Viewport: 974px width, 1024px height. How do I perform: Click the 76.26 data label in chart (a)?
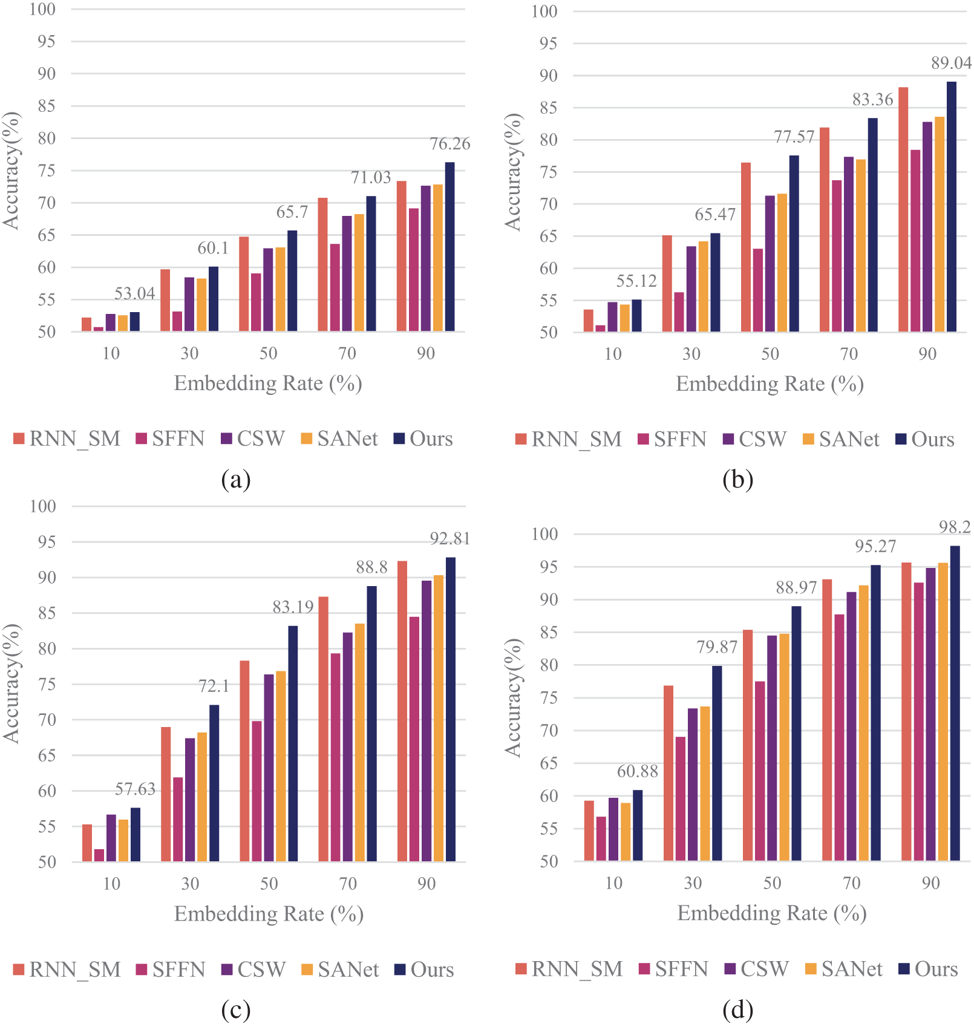coord(449,144)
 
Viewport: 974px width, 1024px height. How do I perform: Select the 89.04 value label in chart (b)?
coord(951,63)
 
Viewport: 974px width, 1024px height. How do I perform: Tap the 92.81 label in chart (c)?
coord(449,538)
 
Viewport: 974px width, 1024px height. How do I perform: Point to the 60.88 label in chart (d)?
coord(637,771)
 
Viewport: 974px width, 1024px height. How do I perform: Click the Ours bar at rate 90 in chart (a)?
coord(449,247)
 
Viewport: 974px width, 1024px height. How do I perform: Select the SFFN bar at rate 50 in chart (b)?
coord(757,290)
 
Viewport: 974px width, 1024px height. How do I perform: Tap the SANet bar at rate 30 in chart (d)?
coord(705,783)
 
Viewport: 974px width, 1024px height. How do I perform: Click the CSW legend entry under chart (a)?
coord(253,439)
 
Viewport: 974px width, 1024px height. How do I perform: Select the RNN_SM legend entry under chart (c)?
coord(67,970)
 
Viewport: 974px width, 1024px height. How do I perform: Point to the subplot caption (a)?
coord(236,480)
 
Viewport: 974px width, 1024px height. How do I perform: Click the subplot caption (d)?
coord(737,1009)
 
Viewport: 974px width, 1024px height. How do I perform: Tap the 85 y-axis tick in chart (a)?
coord(47,106)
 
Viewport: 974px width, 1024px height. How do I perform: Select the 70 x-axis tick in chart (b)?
coord(849,354)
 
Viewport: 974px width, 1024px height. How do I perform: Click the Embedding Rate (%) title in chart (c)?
coord(269,913)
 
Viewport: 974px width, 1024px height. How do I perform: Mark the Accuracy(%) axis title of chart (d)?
coord(513,697)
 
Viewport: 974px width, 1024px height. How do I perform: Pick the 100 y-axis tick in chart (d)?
coord(544,534)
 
